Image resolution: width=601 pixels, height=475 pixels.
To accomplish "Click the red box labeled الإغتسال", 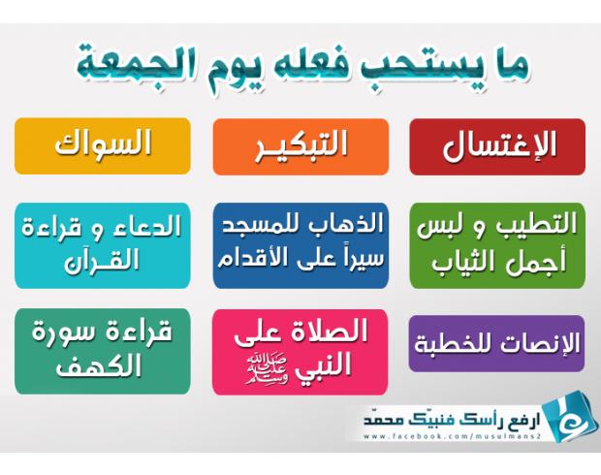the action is [497, 146].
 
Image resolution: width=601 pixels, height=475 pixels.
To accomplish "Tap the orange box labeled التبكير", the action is [300, 146].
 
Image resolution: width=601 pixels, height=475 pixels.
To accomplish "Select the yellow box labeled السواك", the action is [103, 146].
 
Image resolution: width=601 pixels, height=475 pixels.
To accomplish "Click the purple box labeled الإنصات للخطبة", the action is [496, 343].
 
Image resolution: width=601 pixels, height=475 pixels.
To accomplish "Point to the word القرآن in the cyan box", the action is [102, 261].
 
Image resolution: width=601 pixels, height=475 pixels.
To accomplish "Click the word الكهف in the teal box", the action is [99, 366].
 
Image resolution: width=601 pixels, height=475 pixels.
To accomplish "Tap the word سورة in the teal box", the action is [76, 331].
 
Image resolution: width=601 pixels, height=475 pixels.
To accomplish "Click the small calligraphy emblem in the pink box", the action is [268, 369].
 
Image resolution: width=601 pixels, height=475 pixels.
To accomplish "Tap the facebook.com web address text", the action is [452, 436].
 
